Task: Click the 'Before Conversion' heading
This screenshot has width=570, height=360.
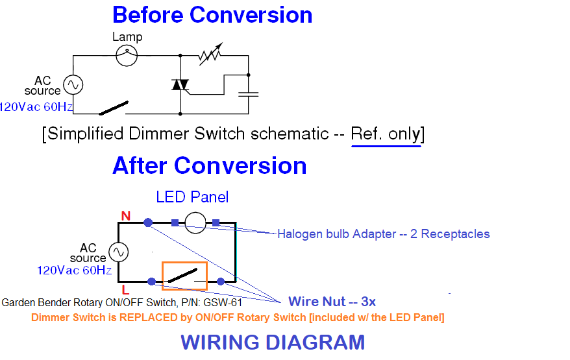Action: click(x=212, y=15)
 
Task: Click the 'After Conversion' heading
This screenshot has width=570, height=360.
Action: click(x=209, y=165)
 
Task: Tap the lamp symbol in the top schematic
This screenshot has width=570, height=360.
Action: click(x=127, y=56)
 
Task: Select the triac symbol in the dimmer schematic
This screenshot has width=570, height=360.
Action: click(x=180, y=86)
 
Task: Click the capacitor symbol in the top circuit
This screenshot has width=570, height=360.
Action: click(x=248, y=94)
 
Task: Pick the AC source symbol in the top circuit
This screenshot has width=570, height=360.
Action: click(x=72, y=85)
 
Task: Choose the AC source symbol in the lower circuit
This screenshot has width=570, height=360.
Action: click(x=118, y=252)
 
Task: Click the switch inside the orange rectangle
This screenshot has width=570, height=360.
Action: click(x=185, y=276)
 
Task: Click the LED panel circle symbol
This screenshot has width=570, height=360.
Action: click(x=195, y=222)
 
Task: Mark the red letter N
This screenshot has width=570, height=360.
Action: click(x=125, y=215)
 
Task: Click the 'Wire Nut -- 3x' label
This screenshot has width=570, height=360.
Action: click(x=332, y=302)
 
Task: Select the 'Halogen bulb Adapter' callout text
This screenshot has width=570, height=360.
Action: click(x=383, y=234)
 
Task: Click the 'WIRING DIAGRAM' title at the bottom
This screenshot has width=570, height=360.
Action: click(x=273, y=342)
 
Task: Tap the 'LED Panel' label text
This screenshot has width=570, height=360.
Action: click(x=192, y=197)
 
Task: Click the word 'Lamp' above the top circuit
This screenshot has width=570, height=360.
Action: click(x=127, y=37)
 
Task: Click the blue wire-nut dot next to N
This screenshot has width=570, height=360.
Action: click(x=149, y=222)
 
